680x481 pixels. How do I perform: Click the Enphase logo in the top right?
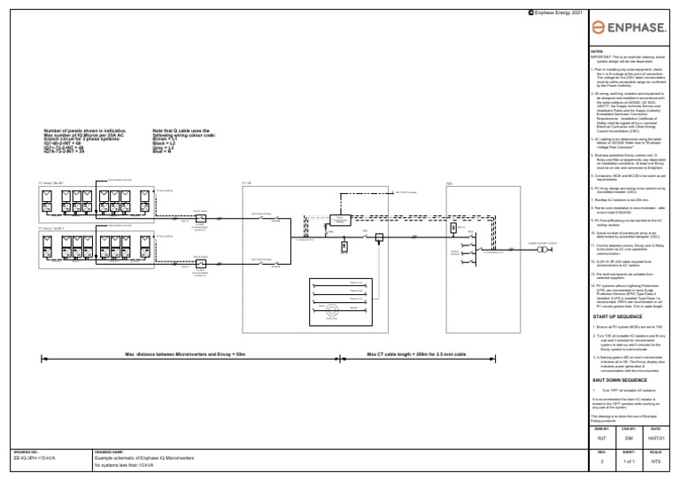(632, 29)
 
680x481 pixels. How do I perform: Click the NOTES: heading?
(597, 52)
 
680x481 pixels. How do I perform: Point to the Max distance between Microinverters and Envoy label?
(184, 354)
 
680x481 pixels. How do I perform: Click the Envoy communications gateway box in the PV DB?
(341, 219)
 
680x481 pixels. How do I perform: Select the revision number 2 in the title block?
(602, 462)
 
